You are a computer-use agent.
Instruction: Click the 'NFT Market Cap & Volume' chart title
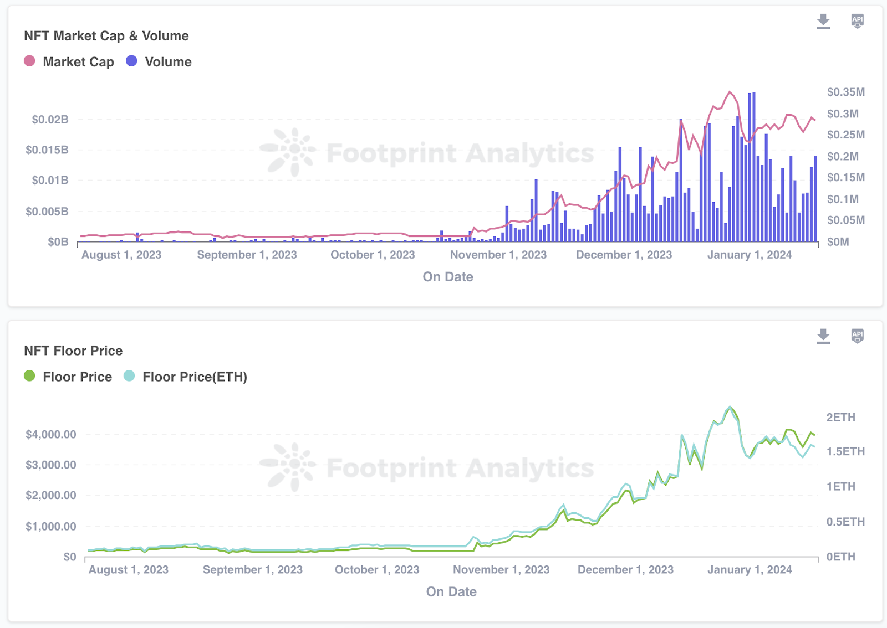pyautogui.click(x=106, y=36)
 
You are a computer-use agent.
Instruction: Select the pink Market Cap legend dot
pyautogui.click(x=30, y=61)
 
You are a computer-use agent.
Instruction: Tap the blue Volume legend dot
pyautogui.click(x=131, y=61)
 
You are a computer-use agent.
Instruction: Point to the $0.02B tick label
pyautogui.click(x=50, y=120)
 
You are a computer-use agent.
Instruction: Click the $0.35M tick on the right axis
pyautogui.click(x=845, y=92)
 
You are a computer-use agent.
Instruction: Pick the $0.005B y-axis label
pyautogui.click(x=47, y=212)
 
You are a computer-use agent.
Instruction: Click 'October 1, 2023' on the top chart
pyautogui.click(x=373, y=255)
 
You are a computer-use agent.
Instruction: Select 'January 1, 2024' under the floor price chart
pyautogui.click(x=750, y=570)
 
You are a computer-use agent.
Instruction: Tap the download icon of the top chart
pyautogui.click(x=823, y=21)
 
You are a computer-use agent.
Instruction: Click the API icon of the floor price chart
pyautogui.click(x=857, y=336)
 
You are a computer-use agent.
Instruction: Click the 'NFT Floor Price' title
pyautogui.click(x=73, y=351)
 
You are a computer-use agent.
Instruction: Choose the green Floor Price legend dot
pyautogui.click(x=30, y=376)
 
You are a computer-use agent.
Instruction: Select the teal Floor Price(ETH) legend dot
pyautogui.click(x=129, y=376)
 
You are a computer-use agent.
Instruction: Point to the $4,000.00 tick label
pyautogui.click(x=51, y=435)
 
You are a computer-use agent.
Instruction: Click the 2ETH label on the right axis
pyautogui.click(x=840, y=418)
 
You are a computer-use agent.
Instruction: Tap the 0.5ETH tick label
pyautogui.click(x=845, y=522)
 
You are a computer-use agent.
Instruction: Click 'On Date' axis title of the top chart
pyautogui.click(x=448, y=277)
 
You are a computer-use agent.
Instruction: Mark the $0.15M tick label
pyautogui.click(x=845, y=178)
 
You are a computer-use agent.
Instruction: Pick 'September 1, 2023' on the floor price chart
pyautogui.click(x=253, y=570)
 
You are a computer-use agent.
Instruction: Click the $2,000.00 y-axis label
pyautogui.click(x=51, y=496)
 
